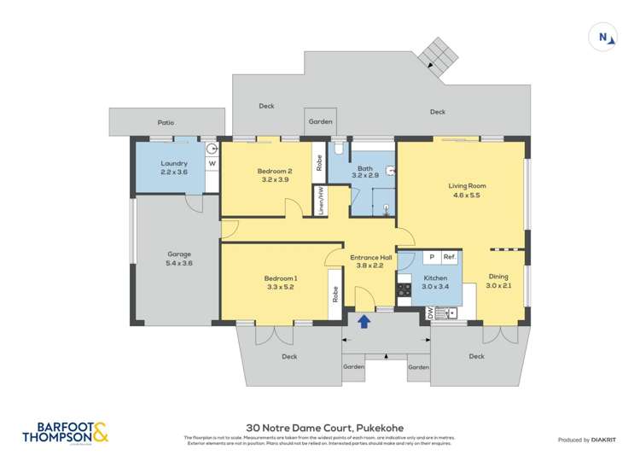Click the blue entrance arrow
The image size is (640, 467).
click(364, 321)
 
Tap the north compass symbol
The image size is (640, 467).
click(605, 37)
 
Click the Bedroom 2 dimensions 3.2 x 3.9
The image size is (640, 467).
click(275, 179)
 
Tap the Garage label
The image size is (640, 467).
click(179, 254)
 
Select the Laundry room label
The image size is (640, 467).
click(173, 163)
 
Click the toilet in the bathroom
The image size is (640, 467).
click(340, 150)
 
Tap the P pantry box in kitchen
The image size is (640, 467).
click(431, 257)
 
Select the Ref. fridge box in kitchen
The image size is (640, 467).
click(449, 257)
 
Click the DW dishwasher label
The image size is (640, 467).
click(429, 314)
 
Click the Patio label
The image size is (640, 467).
click(166, 122)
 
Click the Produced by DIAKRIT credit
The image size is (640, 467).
click(585, 440)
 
